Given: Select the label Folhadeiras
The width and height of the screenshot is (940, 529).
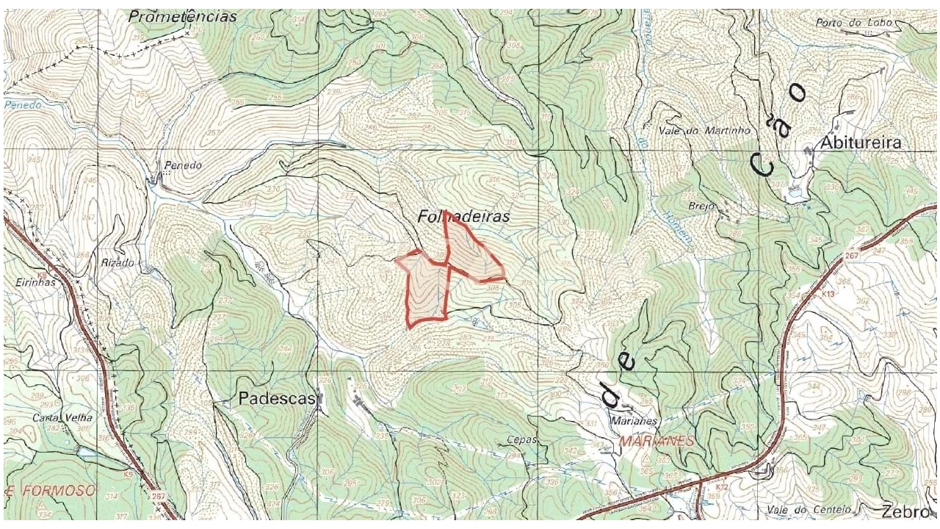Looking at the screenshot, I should [463, 217].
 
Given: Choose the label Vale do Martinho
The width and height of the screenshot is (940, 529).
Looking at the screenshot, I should [703, 130].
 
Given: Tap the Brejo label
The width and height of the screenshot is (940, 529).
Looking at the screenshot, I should [702, 206].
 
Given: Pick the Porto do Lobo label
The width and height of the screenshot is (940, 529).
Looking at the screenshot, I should [853, 23].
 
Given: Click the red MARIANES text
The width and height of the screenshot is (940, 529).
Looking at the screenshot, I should [657, 441].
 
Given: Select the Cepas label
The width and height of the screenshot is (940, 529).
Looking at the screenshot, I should [522, 440].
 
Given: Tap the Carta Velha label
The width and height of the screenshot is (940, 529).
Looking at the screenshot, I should [52, 418].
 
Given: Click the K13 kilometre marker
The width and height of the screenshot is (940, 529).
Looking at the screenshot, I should [828, 294].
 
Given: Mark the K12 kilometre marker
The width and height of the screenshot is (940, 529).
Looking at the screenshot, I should [723, 486].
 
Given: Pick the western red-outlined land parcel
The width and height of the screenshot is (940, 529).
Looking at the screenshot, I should [426, 289].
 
